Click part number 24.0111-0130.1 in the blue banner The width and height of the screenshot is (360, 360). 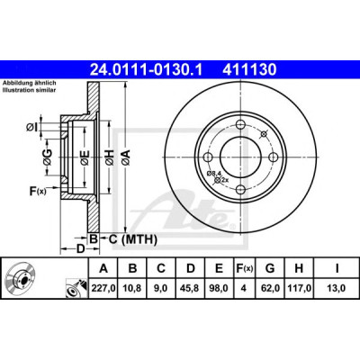(x=146, y=70)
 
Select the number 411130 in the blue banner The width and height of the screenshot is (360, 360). (x=249, y=70)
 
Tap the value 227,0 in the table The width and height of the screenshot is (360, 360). (x=103, y=288)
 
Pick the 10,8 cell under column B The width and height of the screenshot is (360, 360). (x=132, y=288)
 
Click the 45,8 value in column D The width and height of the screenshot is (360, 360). (x=191, y=288)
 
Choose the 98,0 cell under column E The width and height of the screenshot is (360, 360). (x=220, y=288)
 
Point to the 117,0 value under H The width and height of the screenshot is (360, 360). (x=299, y=288)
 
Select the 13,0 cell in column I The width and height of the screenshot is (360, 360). (x=337, y=288)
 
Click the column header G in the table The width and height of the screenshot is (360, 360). (x=270, y=268)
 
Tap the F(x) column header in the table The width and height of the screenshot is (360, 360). (x=244, y=268)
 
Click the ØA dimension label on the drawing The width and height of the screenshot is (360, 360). (x=126, y=157)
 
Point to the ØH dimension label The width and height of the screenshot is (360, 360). (x=110, y=157)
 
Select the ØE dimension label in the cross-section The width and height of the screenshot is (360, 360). (x=85, y=157)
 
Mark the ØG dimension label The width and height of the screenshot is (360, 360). (x=48, y=157)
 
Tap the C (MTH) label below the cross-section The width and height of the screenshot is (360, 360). (x=133, y=239)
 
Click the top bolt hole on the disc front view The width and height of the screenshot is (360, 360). (x=241, y=124)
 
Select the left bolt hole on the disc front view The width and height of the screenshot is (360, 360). (x=208, y=157)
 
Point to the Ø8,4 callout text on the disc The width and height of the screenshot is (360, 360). (x=214, y=173)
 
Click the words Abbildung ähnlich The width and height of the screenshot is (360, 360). (x=30, y=83)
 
